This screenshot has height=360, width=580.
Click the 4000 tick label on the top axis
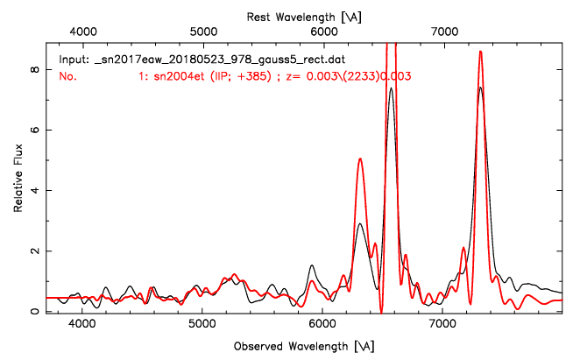coord(82,32)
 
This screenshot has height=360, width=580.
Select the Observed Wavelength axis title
coord(304,345)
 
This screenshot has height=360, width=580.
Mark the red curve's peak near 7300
coord(480,52)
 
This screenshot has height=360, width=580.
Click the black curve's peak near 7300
coord(480,88)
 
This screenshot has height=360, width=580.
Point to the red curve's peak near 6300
coord(360,159)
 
